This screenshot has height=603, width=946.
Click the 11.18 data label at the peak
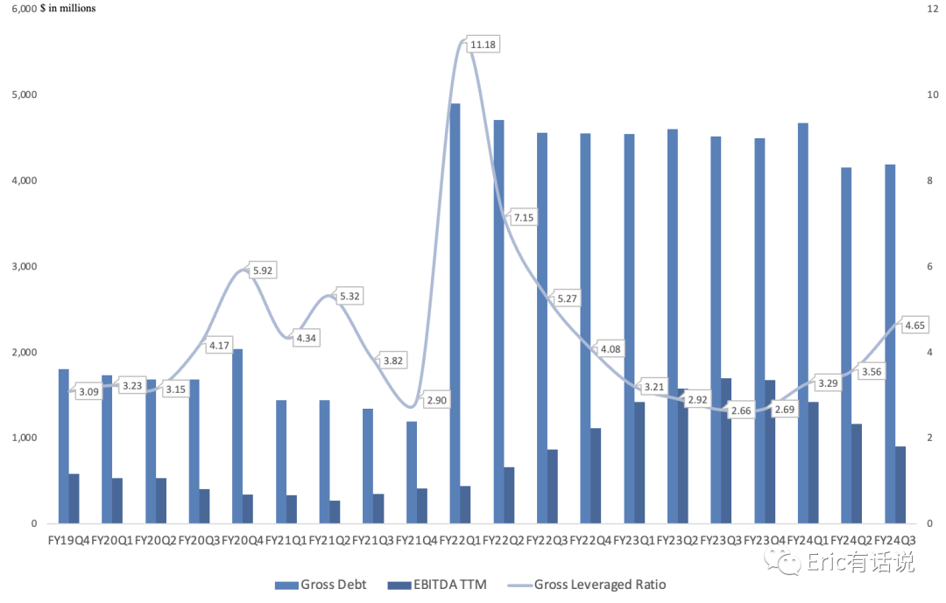point(483,45)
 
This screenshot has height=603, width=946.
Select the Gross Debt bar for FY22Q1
point(455,313)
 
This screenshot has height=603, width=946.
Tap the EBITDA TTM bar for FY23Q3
point(726,451)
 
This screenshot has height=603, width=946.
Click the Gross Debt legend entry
point(321,585)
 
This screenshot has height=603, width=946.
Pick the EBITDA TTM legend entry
point(437,585)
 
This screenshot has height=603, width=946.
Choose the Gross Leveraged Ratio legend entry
point(587,585)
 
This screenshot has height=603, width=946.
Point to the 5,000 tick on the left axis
point(25,95)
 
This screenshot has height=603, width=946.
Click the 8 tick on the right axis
point(929,180)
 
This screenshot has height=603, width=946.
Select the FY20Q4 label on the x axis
point(243,540)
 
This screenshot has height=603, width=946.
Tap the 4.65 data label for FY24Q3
point(914,326)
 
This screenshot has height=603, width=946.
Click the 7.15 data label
point(523,218)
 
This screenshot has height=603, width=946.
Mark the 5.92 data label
point(263,270)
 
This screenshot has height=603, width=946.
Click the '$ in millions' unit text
point(68,9)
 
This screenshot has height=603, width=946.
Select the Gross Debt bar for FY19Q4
point(63,446)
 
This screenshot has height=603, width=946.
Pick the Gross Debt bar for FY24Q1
point(803,323)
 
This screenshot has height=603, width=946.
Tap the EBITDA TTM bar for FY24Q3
point(900,485)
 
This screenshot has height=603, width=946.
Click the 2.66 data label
point(741,410)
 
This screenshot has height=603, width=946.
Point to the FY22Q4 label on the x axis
point(590,540)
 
